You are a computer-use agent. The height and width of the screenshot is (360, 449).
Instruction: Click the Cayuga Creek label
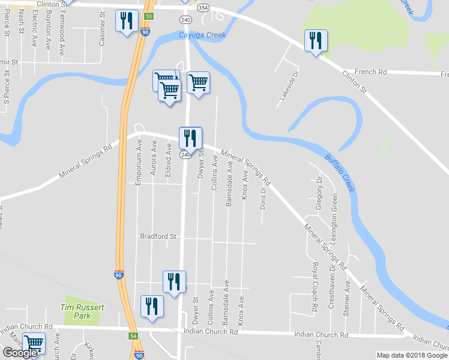click(x=202, y=35)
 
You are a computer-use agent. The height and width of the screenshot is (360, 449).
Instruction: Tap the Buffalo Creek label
click(x=340, y=173)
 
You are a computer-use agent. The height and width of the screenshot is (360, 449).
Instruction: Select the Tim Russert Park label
click(x=82, y=311)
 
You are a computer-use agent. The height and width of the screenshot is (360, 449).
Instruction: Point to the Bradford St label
click(x=158, y=236)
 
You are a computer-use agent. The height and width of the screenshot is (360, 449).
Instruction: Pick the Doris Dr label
click(x=263, y=197)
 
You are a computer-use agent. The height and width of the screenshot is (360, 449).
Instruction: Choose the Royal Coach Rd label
click(x=315, y=287)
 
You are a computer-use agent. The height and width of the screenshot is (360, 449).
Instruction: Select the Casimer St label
click(x=103, y=28)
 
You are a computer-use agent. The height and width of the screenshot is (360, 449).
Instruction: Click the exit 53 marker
click(x=149, y=16)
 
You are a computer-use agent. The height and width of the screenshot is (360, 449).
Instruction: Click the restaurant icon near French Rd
click(x=315, y=41)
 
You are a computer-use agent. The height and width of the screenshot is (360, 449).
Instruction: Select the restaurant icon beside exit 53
click(x=126, y=22)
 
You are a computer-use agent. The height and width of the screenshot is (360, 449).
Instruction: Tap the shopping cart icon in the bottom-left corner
click(x=34, y=344)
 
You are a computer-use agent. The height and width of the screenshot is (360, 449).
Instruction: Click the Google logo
click(x=20, y=353)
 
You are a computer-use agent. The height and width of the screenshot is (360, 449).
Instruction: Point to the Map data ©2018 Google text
click(x=412, y=355)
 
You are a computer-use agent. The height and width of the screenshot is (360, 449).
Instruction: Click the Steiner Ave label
click(x=347, y=294)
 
